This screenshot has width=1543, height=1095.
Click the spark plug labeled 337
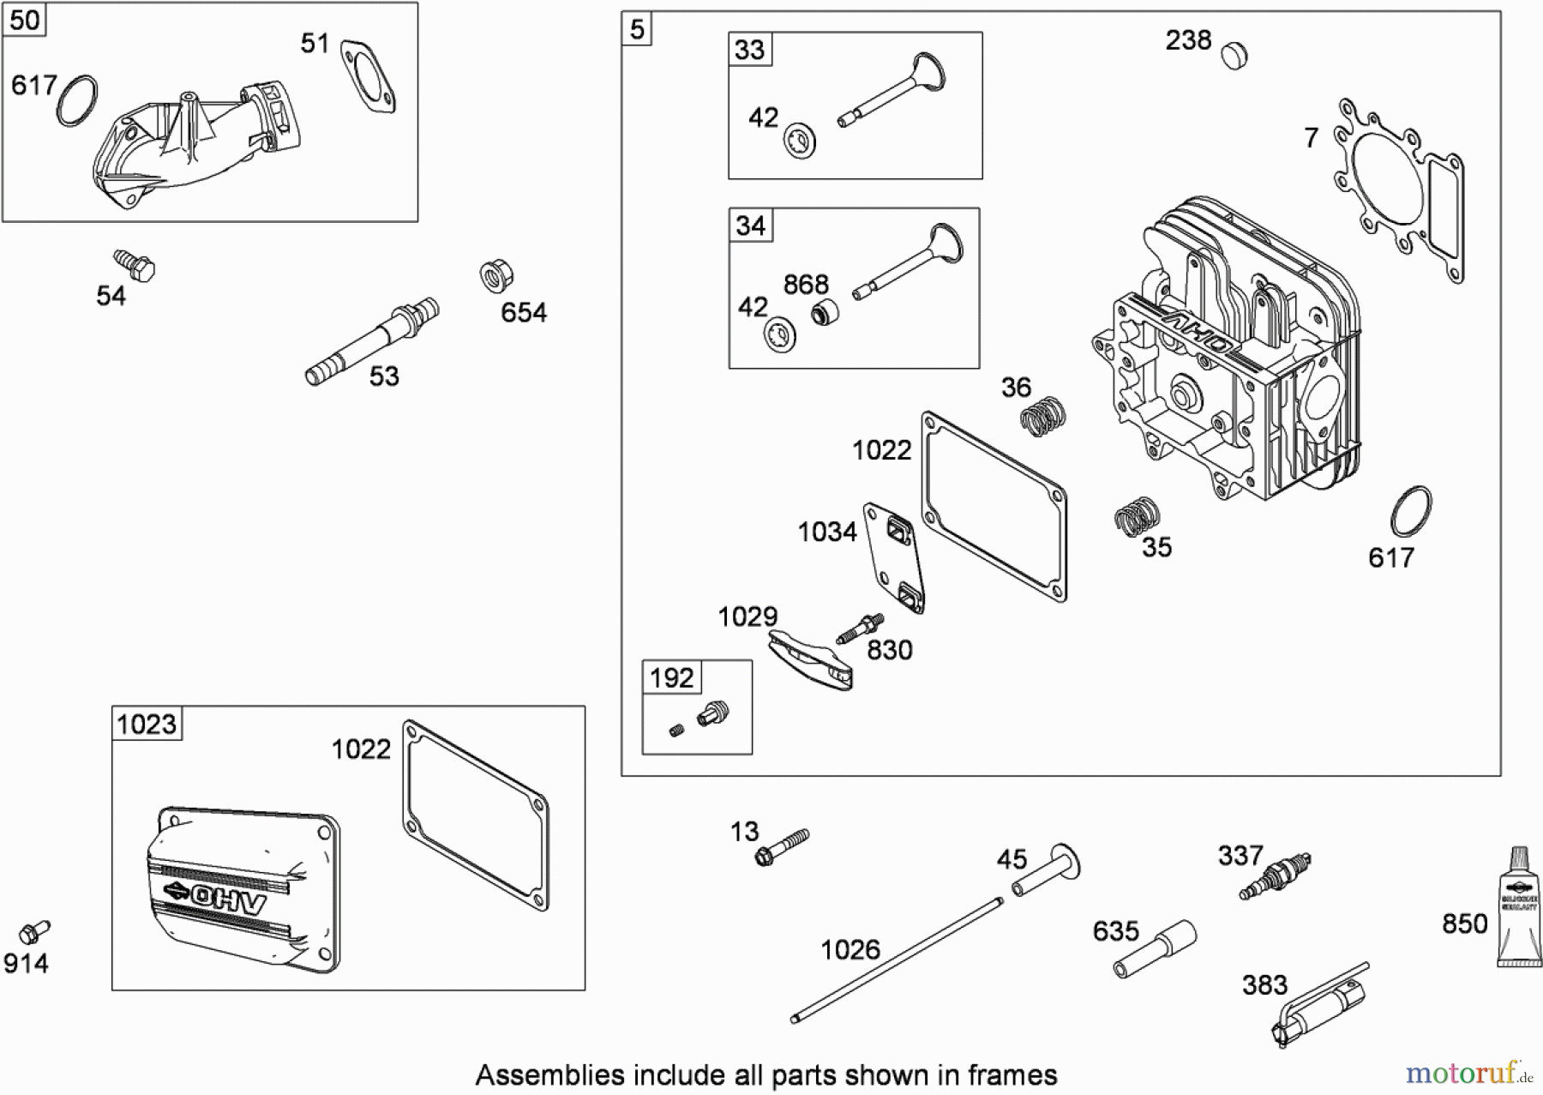pos(1276,876)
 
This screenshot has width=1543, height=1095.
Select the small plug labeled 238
pos(1234,55)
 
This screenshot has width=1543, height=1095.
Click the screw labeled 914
pos(35,930)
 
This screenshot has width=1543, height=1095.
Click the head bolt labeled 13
pos(782,845)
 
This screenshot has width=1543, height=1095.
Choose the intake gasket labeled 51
pos(369,75)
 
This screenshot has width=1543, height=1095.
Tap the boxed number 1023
pos(147,725)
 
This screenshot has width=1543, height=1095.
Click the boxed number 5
pos(637,30)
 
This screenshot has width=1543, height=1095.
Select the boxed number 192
pos(671,678)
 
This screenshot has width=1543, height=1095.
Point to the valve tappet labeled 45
pos(1048,870)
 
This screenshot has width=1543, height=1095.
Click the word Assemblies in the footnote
pos(549,1075)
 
